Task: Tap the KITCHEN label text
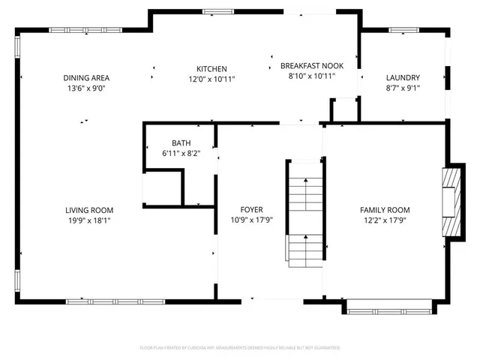(x=211, y=68)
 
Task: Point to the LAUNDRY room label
(x=403, y=77)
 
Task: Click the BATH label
(x=181, y=142)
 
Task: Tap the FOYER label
(x=251, y=209)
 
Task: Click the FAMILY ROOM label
(x=385, y=210)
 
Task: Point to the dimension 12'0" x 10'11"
(x=211, y=79)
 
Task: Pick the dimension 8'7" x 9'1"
(x=403, y=88)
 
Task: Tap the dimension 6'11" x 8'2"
(x=181, y=153)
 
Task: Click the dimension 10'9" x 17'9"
(x=251, y=220)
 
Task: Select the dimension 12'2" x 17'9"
(x=385, y=220)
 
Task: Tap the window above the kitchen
(x=217, y=10)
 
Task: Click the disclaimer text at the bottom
(x=240, y=348)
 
